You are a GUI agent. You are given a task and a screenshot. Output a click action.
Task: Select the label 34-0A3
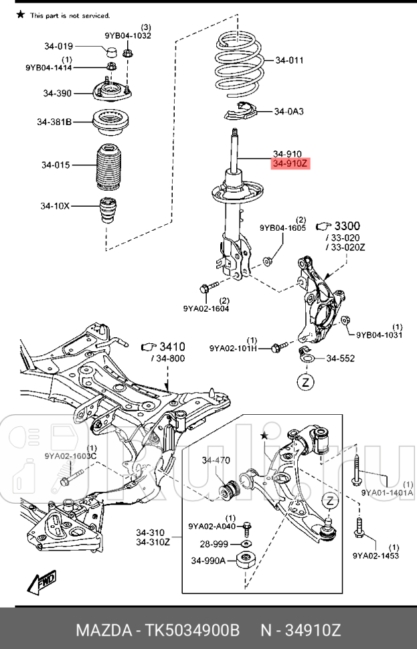[288, 111]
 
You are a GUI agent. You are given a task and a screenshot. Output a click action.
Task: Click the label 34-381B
[54, 122]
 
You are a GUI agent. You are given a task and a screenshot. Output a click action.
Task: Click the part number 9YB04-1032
[122, 35]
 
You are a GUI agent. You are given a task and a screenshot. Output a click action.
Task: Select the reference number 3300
[347, 225]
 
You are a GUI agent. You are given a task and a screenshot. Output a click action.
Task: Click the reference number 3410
[171, 347]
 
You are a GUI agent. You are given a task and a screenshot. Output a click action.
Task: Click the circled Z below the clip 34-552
[305, 383]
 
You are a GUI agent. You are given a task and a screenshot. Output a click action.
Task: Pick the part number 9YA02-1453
[375, 555]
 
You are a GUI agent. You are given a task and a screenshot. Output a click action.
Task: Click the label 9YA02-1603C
[71, 456]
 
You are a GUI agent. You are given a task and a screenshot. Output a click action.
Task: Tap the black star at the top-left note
[21, 14]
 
